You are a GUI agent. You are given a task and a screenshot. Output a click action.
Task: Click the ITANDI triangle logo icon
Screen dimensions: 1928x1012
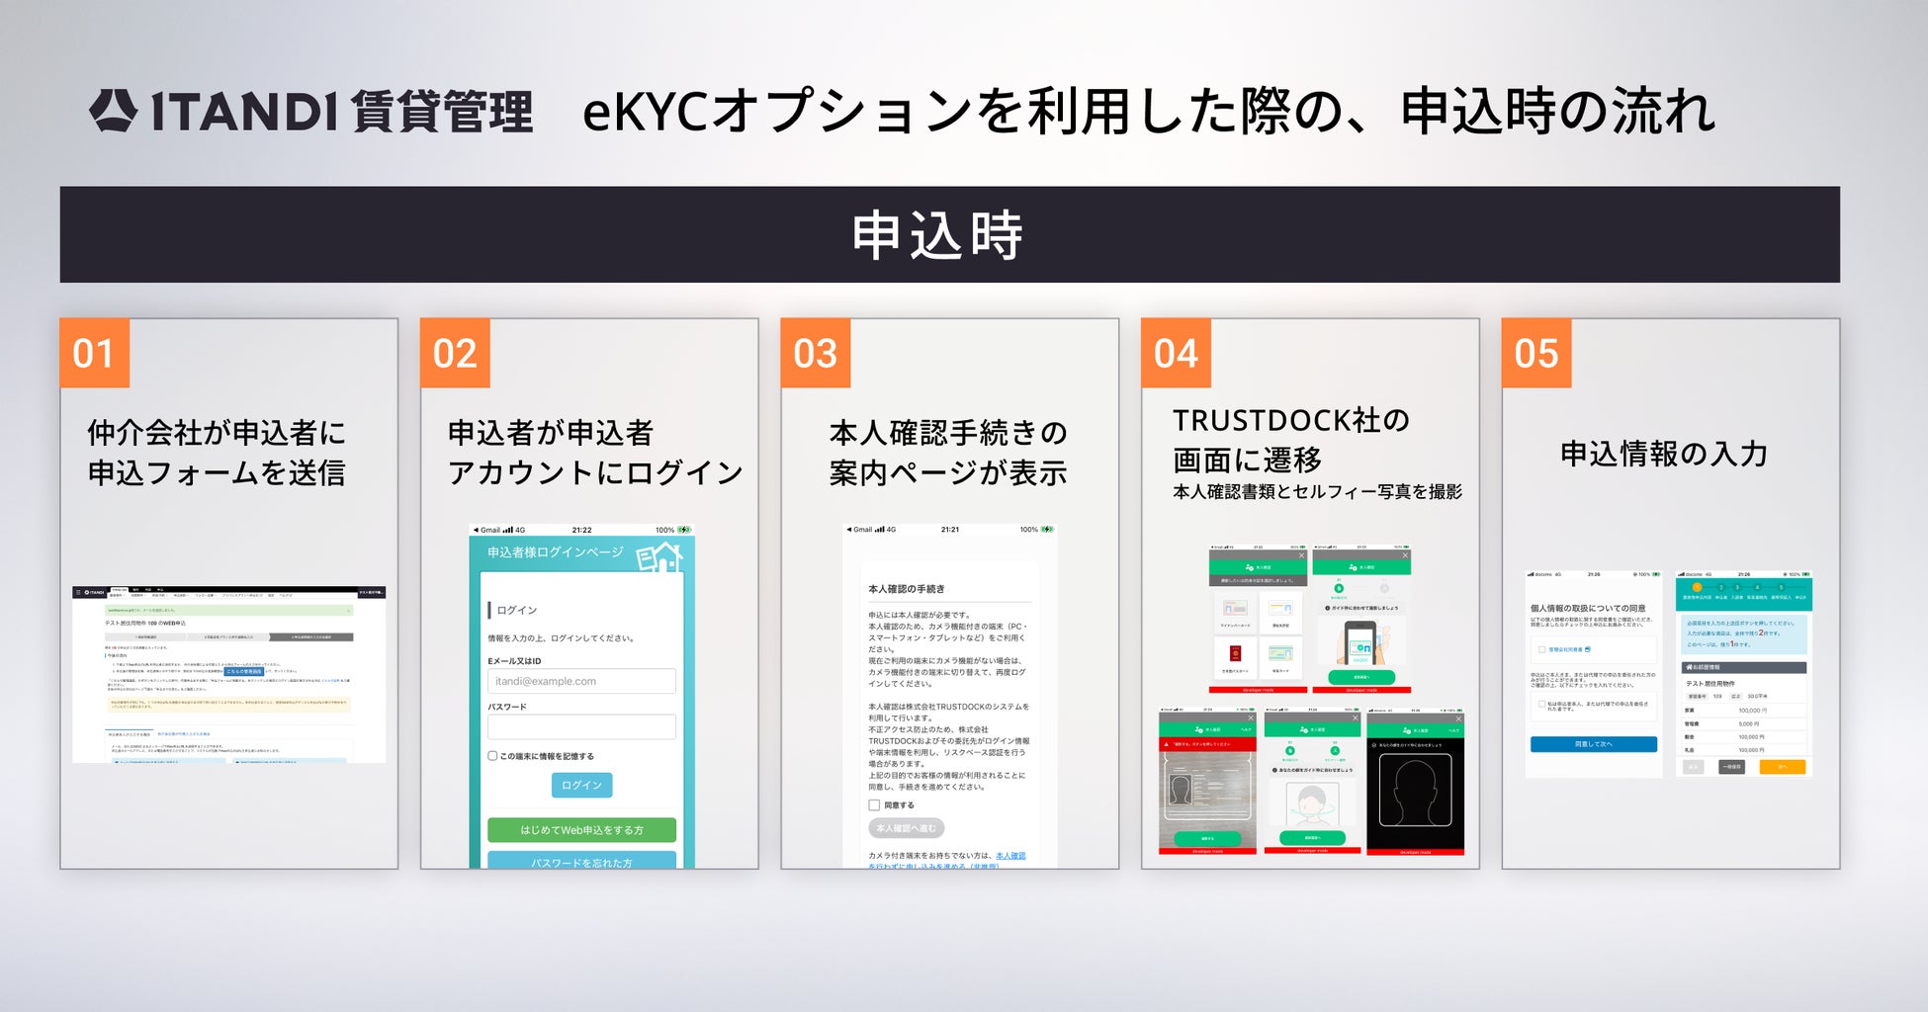click(113, 110)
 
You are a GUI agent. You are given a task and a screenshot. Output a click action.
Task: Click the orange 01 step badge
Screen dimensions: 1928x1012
click(95, 353)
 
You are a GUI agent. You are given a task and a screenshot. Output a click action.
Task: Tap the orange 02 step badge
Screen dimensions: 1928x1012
click(455, 353)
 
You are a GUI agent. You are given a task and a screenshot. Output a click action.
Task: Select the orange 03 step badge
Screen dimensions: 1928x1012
click(816, 353)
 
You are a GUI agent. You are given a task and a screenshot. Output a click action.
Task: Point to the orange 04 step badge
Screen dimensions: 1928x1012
click(1176, 353)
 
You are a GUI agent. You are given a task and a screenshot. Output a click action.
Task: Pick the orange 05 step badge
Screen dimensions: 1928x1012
click(1536, 353)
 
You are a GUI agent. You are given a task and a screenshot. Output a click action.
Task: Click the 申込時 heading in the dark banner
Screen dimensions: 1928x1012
click(937, 235)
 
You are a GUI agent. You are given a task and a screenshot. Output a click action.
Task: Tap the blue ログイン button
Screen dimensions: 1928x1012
click(581, 785)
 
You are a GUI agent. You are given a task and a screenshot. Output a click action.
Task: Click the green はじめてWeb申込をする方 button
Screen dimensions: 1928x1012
click(581, 830)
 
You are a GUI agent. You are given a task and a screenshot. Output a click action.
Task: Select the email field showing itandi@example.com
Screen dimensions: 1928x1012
click(581, 681)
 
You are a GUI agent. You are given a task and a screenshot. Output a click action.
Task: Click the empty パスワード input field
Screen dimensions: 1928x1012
click(581, 727)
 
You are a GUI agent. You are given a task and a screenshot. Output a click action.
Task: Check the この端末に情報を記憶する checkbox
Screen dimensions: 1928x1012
click(492, 756)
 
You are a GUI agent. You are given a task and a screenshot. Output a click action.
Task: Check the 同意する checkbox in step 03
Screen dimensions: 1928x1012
click(874, 805)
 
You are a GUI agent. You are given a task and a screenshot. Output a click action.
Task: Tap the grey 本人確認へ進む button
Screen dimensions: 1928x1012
click(906, 828)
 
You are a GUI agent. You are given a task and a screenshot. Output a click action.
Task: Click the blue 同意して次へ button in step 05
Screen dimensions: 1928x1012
click(1593, 744)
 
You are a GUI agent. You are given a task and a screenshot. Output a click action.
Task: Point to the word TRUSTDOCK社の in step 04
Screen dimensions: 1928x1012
click(1290, 421)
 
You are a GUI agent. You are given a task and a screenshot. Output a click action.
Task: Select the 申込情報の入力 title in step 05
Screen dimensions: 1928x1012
click(1663, 455)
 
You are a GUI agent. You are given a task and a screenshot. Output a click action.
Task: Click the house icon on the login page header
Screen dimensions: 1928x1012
click(659, 556)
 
